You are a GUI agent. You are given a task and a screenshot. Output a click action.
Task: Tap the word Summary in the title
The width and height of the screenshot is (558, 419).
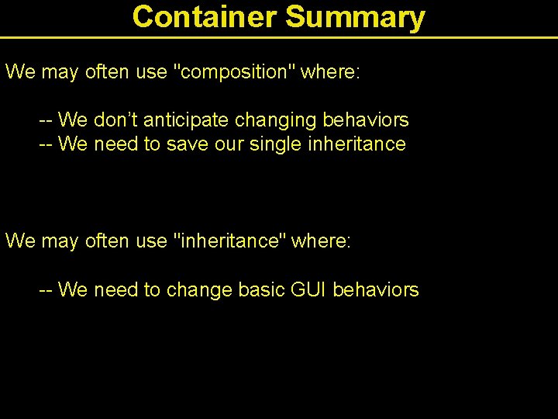[x=356, y=16]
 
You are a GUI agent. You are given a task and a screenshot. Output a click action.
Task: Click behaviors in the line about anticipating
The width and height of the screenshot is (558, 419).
[x=366, y=120]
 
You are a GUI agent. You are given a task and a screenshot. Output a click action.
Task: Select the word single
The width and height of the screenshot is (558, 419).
[x=275, y=144]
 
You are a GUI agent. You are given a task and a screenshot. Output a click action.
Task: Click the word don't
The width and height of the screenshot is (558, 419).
[x=115, y=120]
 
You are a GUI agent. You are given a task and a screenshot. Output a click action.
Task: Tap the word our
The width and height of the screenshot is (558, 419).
[x=228, y=144]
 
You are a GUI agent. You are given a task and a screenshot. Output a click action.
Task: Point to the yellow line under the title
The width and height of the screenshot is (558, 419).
[x=279, y=37]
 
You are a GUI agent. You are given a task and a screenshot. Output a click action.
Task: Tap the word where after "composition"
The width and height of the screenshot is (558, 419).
[x=330, y=72]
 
